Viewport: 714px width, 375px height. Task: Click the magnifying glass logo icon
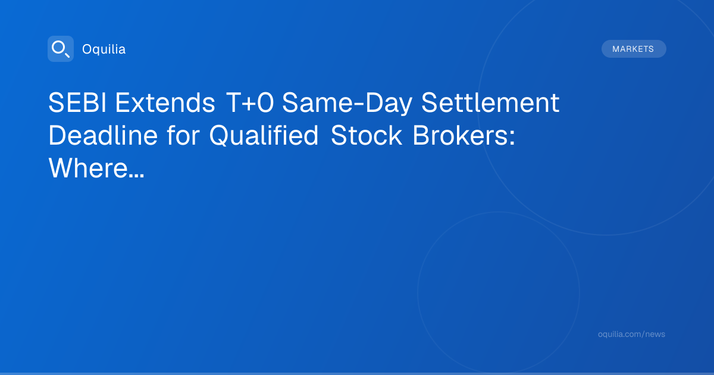[61, 49]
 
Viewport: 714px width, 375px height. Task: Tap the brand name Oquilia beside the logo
[104, 49]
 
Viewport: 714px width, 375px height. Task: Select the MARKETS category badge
[634, 49]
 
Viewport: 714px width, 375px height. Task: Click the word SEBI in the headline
[77, 102]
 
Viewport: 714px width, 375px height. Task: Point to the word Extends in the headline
[165, 102]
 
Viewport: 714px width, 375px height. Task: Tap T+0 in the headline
[249, 102]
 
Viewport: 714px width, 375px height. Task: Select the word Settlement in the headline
[490, 102]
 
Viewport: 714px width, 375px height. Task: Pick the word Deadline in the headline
[103, 136]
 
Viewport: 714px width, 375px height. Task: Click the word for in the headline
[183, 136]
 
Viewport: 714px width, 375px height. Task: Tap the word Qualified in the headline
[264, 136]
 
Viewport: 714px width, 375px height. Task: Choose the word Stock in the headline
[367, 136]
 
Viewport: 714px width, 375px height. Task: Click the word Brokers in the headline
[461, 136]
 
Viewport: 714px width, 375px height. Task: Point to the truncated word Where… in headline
[96, 168]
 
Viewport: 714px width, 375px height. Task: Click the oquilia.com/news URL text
[631, 334]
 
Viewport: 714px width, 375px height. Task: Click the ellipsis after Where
[137, 176]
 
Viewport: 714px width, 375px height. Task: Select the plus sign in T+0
[249, 104]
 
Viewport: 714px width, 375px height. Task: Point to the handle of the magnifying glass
[67, 55]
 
